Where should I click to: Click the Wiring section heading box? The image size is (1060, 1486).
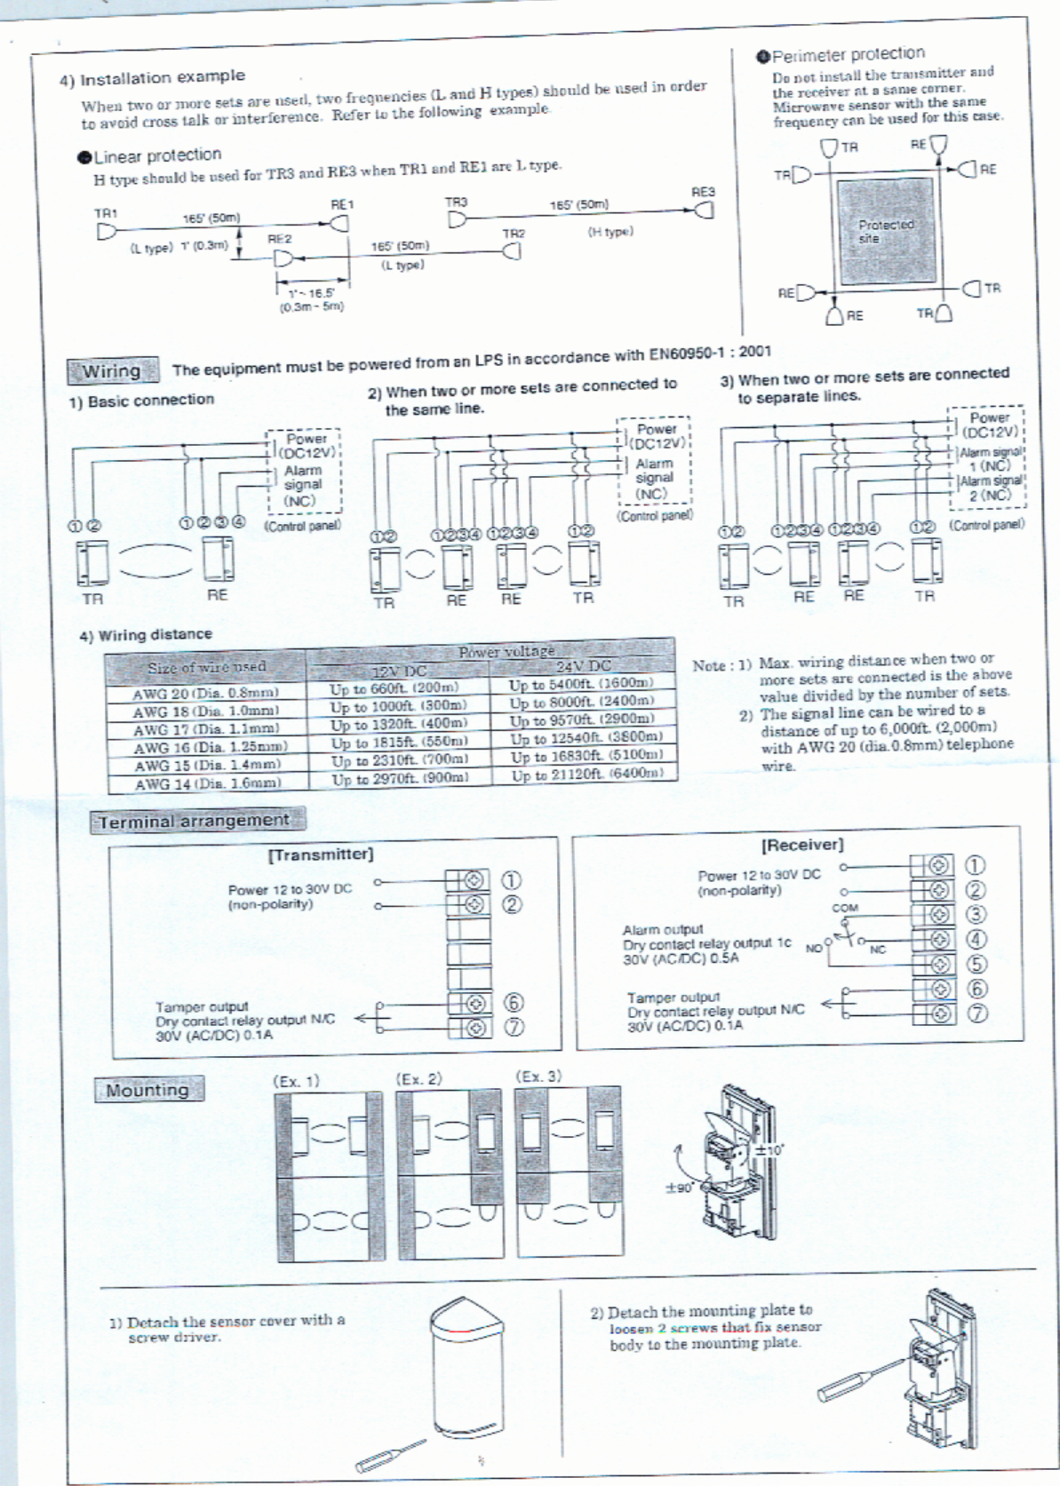tap(112, 371)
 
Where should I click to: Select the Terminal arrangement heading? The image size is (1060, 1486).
tap(195, 821)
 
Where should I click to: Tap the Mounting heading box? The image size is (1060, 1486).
tap(147, 1090)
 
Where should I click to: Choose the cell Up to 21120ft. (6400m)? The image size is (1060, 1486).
tap(586, 775)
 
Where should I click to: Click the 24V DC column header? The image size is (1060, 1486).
tap(583, 666)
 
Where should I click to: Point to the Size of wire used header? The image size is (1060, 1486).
tap(206, 666)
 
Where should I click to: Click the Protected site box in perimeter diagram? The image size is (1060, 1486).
tap(885, 231)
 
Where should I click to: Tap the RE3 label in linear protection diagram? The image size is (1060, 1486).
tap(703, 192)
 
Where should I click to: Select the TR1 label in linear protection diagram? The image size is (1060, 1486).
tap(106, 213)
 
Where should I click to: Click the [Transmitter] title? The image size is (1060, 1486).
tap(321, 854)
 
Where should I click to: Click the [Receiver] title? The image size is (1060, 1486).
tap(802, 845)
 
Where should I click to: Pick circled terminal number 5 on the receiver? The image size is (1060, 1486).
tap(976, 964)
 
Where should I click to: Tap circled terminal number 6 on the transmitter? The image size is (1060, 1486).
tap(514, 1003)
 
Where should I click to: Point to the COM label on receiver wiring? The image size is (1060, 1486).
tap(845, 909)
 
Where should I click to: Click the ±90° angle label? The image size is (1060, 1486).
tap(680, 1188)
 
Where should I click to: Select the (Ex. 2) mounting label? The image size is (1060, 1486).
tap(418, 1079)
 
